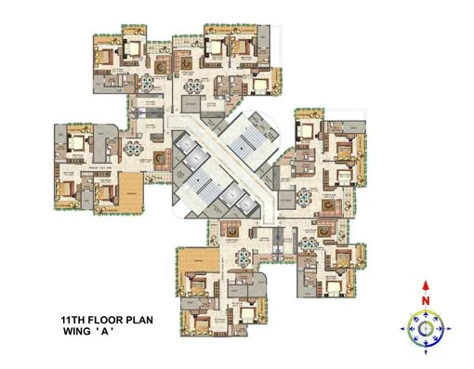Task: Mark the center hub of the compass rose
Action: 426,327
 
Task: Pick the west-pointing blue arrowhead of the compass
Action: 406,327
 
